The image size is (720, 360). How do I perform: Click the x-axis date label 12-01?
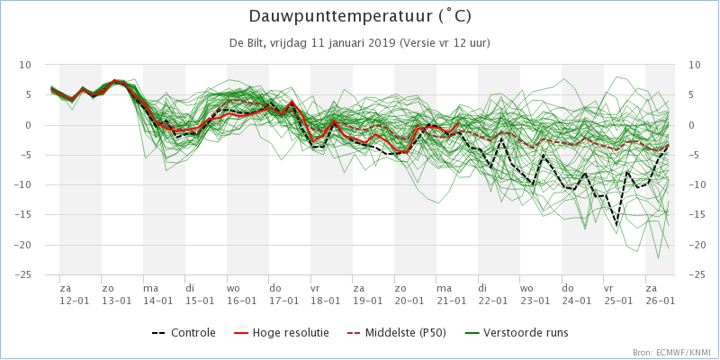74,301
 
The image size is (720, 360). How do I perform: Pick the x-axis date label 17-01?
283,301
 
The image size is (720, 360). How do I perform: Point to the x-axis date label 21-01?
451,301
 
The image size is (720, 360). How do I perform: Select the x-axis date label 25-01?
618,301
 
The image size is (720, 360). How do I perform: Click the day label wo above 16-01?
233,288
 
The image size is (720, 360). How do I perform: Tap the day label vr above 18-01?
316,288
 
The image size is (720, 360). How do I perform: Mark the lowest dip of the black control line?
616,225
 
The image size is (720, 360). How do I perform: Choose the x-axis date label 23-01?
535,301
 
